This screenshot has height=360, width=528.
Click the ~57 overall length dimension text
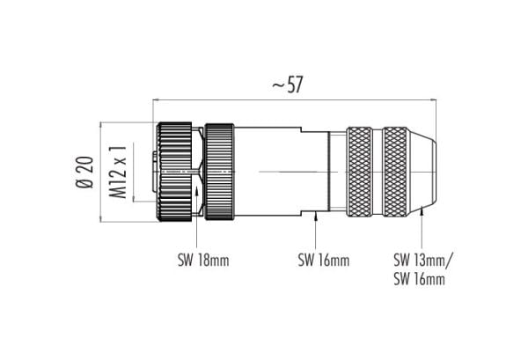(x=287, y=84)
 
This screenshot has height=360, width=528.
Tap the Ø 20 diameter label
(x=84, y=173)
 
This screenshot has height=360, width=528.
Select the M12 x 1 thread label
(x=118, y=172)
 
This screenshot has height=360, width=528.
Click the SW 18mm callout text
(x=203, y=261)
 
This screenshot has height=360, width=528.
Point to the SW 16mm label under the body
(x=324, y=261)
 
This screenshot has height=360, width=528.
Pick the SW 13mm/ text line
(x=423, y=260)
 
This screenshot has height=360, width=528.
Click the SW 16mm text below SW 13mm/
(x=419, y=279)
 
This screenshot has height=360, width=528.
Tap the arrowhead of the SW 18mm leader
(x=196, y=192)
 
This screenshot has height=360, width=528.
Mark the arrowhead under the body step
(x=316, y=217)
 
